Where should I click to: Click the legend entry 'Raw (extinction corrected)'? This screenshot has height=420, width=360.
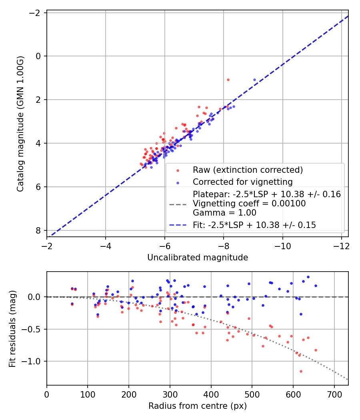pyautogui.click(x=248, y=170)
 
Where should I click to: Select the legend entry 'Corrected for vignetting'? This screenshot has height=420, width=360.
pyautogui.click(x=243, y=182)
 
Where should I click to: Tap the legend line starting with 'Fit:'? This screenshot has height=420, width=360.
pyautogui.click(x=254, y=225)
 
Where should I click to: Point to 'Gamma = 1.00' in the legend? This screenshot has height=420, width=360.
pyautogui.click(x=224, y=213)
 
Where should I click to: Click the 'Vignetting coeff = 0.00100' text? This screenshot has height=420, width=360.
pyautogui.click(x=249, y=204)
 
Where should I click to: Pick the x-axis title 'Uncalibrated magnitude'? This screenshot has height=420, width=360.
pyautogui.click(x=198, y=258)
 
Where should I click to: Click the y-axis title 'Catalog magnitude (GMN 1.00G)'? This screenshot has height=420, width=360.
pyautogui.click(x=20, y=124)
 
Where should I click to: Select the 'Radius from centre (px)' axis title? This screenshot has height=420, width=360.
pyautogui.click(x=198, y=406)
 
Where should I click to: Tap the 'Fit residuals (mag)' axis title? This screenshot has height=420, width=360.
pyautogui.click(x=12, y=329)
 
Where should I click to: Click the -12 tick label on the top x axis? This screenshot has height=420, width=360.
pyautogui.click(x=342, y=246)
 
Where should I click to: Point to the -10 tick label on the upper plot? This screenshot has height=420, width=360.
pyautogui.click(x=282, y=246)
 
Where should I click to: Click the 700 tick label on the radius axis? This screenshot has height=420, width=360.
pyautogui.click(x=334, y=394)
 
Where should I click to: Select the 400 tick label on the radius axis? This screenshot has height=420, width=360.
pyautogui.click(x=211, y=394)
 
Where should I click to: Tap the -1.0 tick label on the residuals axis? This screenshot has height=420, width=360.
pyautogui.click(x=32, y=361)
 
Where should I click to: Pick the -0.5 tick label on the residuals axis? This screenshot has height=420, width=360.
pyautogui.click(x=32, y=329)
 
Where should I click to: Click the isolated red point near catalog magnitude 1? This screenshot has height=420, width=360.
pyautogui.click(x=228, y=80)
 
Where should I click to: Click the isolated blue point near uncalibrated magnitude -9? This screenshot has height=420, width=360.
pyautogui.click(x=254, y=80)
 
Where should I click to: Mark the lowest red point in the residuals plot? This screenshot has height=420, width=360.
pyautogui.click(x=301, y=371)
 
